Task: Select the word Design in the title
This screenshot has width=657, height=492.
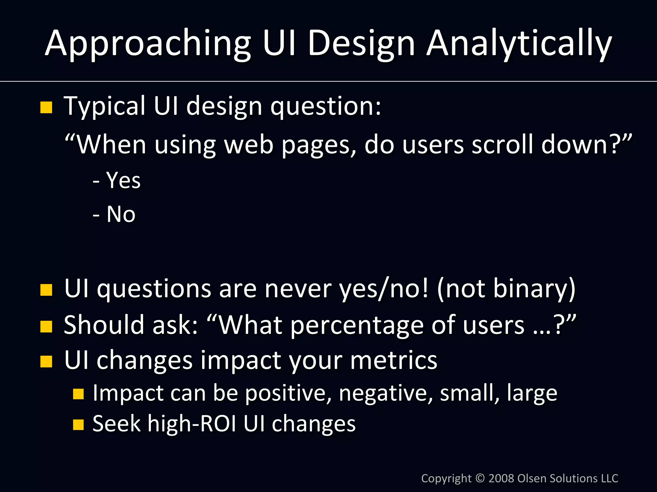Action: tap(361, 43)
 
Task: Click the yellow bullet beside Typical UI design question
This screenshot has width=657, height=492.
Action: tap(46, 107)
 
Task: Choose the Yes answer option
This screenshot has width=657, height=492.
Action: tap(123, 180)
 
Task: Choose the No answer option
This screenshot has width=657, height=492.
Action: tap(121, 214)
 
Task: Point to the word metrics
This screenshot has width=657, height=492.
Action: tap(394, 360)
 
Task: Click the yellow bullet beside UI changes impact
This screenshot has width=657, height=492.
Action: tap(46, 361)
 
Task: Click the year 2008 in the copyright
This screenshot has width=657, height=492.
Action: tap(501, 478)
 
